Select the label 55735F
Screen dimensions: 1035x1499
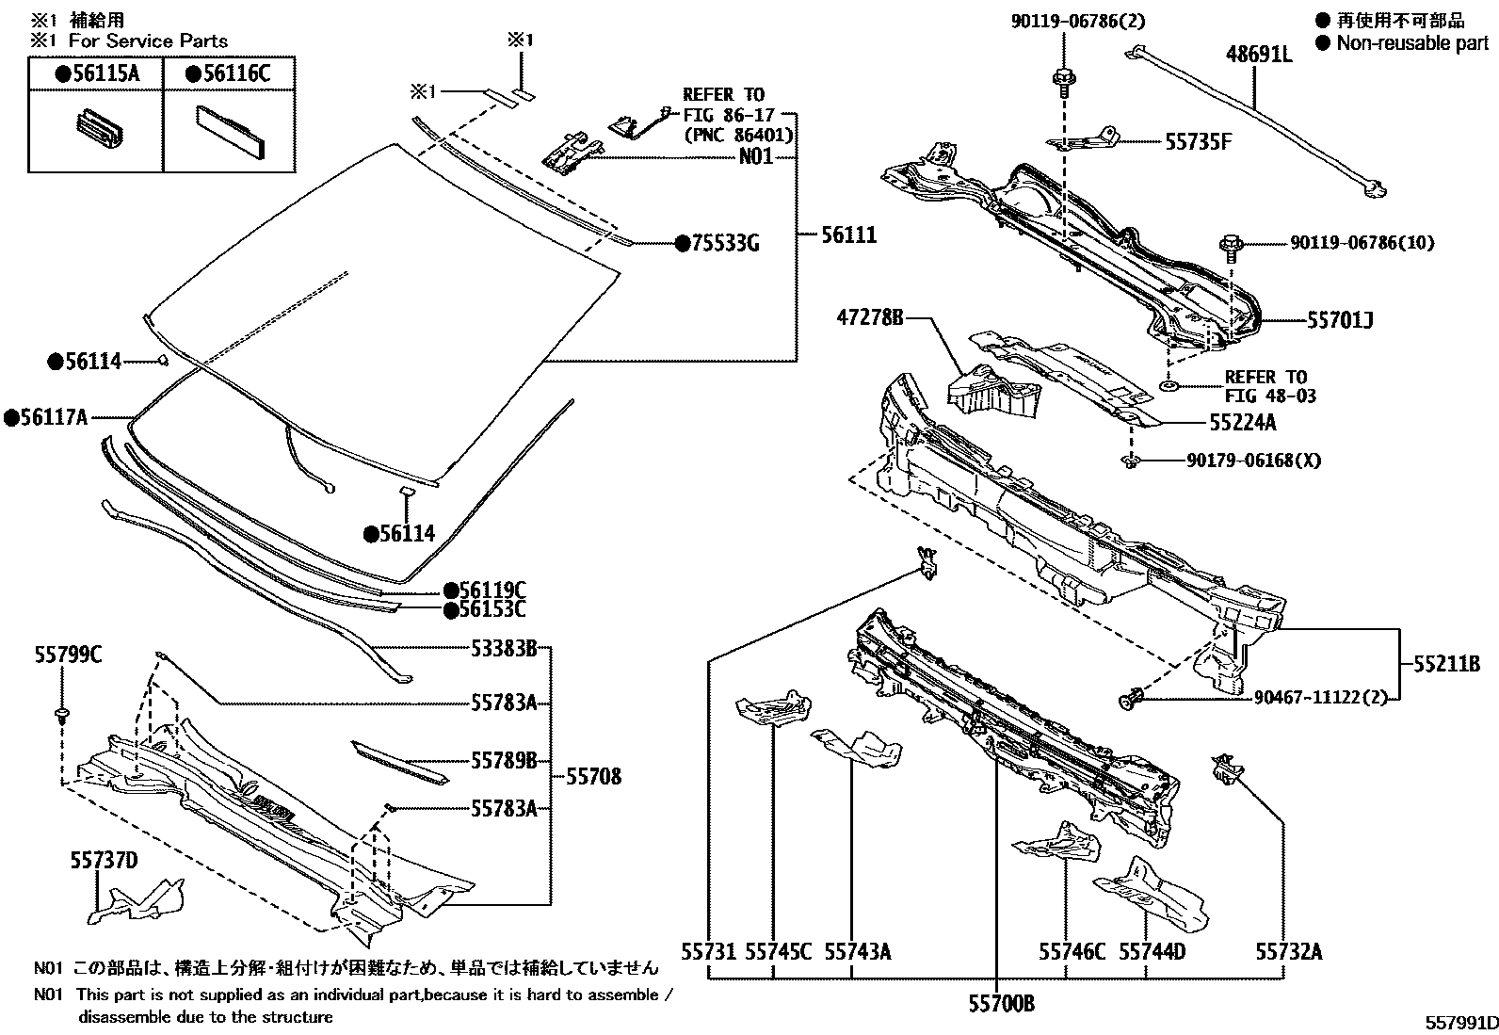(1199, 142)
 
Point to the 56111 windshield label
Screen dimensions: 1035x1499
(848, 234)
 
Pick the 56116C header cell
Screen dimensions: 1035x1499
(228, 73)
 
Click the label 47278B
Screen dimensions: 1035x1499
(869, 319)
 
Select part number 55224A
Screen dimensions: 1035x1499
(1243, 423)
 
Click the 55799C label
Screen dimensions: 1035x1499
(68, 655)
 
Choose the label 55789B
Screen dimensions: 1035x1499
(504, 759)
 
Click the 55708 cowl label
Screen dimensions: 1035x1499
(593, 777)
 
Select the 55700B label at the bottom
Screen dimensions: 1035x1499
(1001, 1004)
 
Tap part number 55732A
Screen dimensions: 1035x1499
(1288, 952)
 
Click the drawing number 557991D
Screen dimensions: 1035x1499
(1459, 1023)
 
